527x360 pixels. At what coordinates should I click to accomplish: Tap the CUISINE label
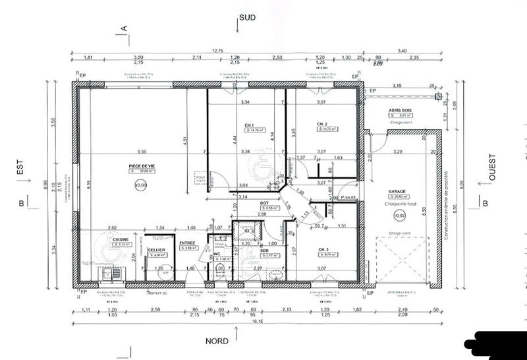tap(120, 239)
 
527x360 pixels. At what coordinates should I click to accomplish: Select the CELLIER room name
tap(156, 250)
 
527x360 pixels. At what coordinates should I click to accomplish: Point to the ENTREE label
tap(188, 243)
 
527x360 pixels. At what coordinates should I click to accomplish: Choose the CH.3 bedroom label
tap(323, 249)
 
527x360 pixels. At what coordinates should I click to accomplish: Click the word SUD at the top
tap(248, 18)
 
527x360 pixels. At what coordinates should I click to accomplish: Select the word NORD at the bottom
tap(217, 341)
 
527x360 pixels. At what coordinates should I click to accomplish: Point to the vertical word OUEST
tap(491, 167)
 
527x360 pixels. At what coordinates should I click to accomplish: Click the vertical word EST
tap(19, 169)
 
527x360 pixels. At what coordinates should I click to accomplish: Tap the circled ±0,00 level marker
tap(140, 187)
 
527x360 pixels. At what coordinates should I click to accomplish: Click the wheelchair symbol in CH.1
tap(262, 159)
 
